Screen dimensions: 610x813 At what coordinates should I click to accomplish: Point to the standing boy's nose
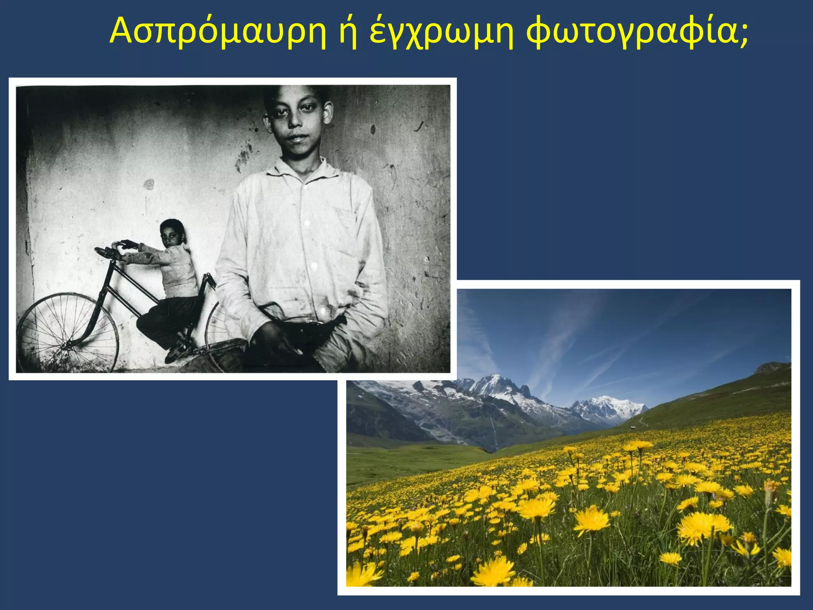pyautogui.click(x=295, y=121)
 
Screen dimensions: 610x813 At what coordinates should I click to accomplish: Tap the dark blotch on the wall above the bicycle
pyautogui.click(x=148, y=184)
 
